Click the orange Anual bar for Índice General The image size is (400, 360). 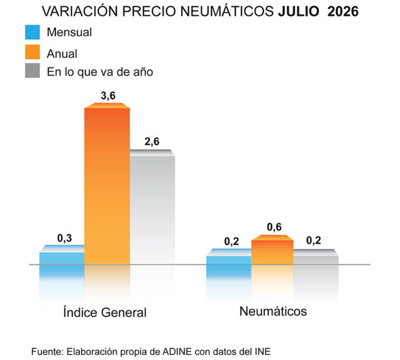pos(107,183)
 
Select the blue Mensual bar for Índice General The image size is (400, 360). pos(62,255)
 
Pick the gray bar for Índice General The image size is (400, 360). pos(152,207)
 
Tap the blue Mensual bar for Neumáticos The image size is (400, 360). pos(229,257)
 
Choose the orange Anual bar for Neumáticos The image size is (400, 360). pos(272,250)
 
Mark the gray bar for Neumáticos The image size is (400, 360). pos(316,257)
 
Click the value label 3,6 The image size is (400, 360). pos(108,96)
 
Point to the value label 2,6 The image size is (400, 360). pos(152,142)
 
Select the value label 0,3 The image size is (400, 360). pos(64,238)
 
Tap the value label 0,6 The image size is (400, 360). pos(274,227)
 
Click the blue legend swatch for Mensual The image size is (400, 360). pos(32,32)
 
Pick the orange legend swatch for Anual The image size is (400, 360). pos(32,52)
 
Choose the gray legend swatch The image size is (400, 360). pos(32,70)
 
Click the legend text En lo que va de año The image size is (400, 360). pos(100,72)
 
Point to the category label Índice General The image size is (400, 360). pos(105,312)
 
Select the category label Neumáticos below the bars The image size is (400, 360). pos(273,311)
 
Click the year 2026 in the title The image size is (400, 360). pos(343,11)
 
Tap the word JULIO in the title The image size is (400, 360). pos(298,11)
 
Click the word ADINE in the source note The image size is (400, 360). pos(177,351)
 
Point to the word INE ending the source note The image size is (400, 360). pos(263,351)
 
